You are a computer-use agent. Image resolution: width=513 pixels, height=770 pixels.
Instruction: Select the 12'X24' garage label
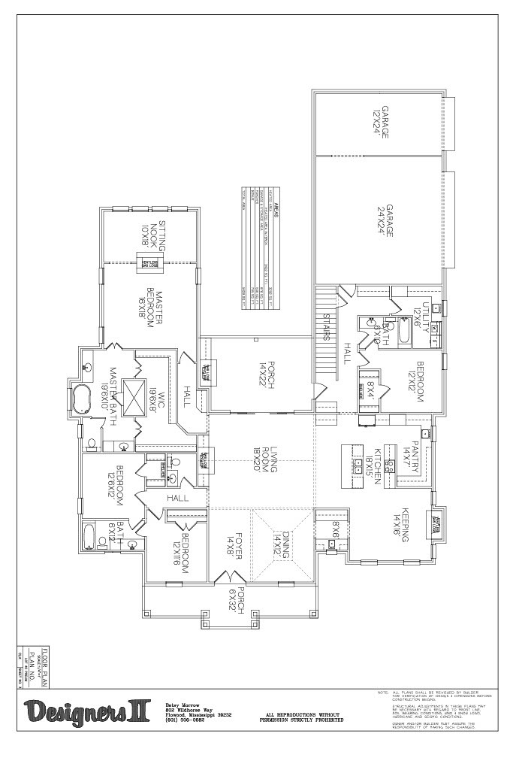380,123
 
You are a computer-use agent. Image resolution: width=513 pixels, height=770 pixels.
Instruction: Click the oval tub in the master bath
80,397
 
